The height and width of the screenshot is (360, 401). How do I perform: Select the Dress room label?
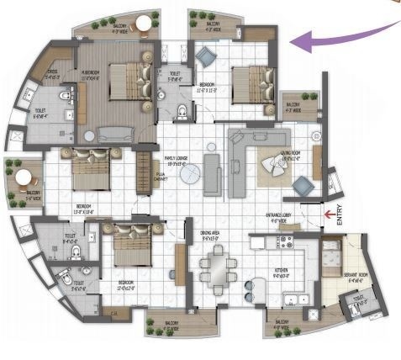[x=50, y=75]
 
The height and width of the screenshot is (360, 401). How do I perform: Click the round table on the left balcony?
[x=26, y=178]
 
